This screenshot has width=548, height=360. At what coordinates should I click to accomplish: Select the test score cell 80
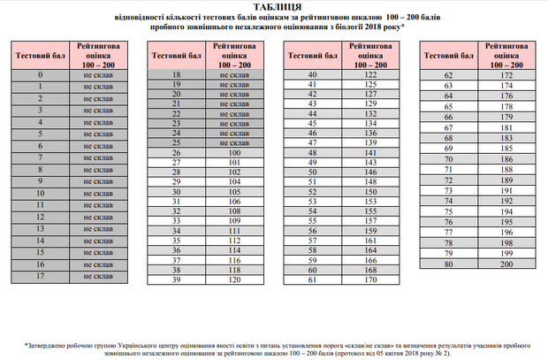pyautogui.click(x=449, y=264)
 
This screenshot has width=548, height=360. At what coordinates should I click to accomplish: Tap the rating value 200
pyautogui.click(x=506, y=264)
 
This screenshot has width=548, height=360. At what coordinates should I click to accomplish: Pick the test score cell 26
pyautogui.click(x=177, y=153)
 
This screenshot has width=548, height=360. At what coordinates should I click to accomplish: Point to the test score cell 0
pyautogui.click(x=41, y=75)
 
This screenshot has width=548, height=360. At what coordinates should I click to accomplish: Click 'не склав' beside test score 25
pyautogui.click(x=234, y=142)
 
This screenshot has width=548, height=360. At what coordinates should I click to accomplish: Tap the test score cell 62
pyautogui.click(x=449, y=75)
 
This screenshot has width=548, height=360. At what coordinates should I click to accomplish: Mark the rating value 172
pyautogui.click(x=506, y=75)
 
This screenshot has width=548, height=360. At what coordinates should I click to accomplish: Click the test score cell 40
pyautogui.click(x=312, y=74)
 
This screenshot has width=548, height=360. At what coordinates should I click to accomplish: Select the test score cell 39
pyautogui.click(x=177, y=280)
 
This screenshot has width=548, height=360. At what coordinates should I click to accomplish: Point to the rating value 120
pyautogui.click(x=234, y=280)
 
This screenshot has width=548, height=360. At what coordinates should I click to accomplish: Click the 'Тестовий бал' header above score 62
pyautogui.click(x=449, y=54)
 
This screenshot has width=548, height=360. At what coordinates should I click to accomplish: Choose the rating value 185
pyautogui.click(x=506, y=149)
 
